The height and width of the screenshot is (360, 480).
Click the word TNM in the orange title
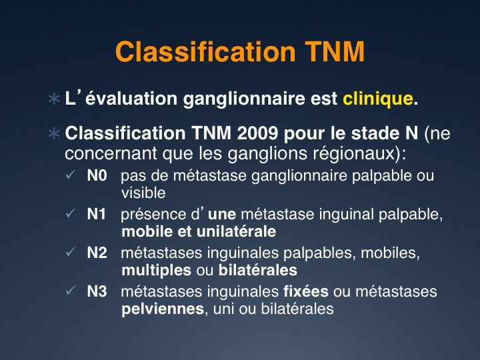(335, 51)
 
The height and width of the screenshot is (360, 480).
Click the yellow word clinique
(378, 99)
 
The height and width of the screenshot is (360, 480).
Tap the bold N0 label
(97, 175)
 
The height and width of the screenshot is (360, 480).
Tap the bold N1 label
(96, 214)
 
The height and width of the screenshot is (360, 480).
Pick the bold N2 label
(97, 253)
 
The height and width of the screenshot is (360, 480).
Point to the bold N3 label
(97, 291)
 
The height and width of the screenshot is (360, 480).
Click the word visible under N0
(143, 193)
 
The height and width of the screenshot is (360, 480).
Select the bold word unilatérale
(236, 231)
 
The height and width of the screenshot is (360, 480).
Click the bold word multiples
(157, 271)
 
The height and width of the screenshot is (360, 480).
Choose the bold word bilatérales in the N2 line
(258, 270)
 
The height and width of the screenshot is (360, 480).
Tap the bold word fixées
(306, 291)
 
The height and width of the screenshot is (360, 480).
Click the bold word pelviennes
(163, 309)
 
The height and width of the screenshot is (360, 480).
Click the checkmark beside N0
(70, 175)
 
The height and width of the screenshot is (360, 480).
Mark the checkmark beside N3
(70, 291)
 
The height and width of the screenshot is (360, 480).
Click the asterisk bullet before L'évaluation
(54, 99)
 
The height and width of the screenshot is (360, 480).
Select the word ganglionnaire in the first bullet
(244, 99)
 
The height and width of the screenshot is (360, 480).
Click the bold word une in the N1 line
(222, 215)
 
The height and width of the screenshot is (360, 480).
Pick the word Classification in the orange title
(205, 51)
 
